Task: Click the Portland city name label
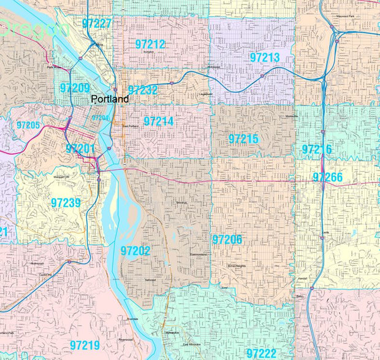tap(110, 99)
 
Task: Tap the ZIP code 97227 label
tap(97, 24)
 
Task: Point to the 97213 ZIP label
tap(264, 58)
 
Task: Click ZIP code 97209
tap(75, 88)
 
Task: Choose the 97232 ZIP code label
tap(143, 90)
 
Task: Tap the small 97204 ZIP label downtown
tap(100, 118)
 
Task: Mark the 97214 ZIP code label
tap(158, 121)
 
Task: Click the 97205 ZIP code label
tap(28, 125)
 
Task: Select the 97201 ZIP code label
tap(80, 148)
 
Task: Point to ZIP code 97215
tap(243, 139)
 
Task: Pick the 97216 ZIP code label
tap(316, 150)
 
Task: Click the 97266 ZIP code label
tap(327, 177)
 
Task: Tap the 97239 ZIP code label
tap(66, 202)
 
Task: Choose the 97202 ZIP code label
tap(135, 251)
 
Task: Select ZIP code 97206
tap(227, 239)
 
